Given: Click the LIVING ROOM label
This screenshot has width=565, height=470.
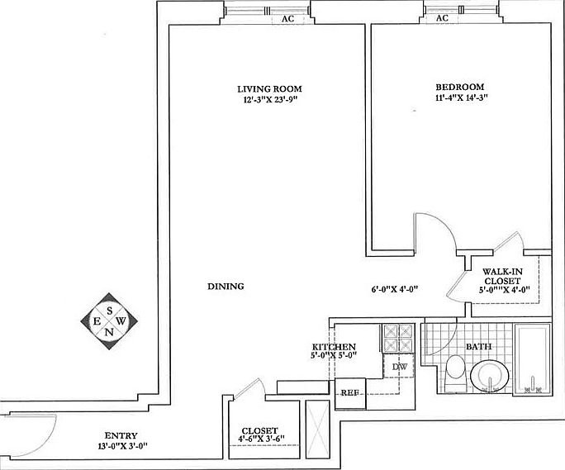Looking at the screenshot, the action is tap(269, 88).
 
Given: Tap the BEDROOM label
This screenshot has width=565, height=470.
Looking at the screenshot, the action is tap(460, 87).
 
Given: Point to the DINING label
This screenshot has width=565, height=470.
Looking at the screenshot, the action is tap(226, 286).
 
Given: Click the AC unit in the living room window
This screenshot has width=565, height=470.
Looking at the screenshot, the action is tap(287, 19).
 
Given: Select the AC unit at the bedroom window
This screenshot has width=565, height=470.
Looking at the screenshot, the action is tap(442, 18).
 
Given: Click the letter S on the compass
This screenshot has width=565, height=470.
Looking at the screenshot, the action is tap(110, 311).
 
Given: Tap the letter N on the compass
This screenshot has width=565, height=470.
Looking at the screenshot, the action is tap(109, 332).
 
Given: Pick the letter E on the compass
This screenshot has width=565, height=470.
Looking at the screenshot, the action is tap(97, 320).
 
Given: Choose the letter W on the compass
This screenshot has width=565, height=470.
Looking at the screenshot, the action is tap(121, 320).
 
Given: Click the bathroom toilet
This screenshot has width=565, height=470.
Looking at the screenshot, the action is tap(455, 372).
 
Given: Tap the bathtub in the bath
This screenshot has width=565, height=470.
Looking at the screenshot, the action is tap(533, 359).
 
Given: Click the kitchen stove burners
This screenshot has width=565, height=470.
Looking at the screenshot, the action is tap(398, 338).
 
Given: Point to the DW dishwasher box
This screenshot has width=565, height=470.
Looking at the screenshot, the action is tap(399, 367).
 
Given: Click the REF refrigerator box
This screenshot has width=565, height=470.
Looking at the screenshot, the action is tap(350, 393).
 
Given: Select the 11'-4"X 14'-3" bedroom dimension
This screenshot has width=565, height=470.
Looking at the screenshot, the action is tap(462, 97).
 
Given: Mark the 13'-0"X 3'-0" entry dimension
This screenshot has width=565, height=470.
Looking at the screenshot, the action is tap(123, 446).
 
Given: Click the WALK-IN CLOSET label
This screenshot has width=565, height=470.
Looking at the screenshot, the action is tap(502, 276).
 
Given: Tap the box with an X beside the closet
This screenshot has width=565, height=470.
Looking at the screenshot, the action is tap(317, 430).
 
